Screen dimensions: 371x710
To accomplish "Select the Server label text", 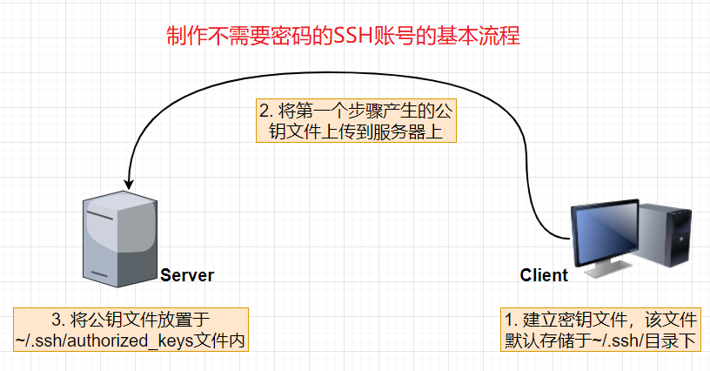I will click(187, 275).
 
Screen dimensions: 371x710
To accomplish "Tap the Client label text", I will click(544, 275).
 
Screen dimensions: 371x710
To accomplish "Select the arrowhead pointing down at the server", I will click(129, 183).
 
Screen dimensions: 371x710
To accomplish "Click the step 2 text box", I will click(357, 122).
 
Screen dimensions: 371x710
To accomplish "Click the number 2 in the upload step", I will click(265, 111).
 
